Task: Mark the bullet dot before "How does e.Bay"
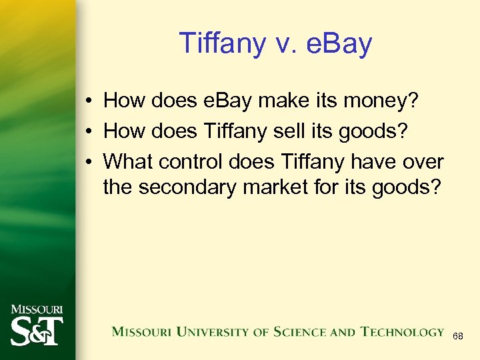88,101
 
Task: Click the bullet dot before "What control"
88,161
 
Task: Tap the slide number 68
458,337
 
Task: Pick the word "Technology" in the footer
402,331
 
